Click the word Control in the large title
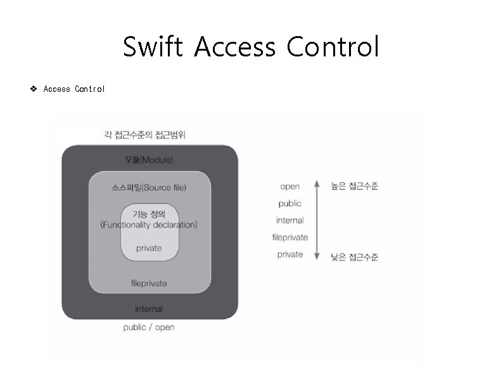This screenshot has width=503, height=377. click(333, 47)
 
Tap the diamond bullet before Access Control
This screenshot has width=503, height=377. click(34, 89)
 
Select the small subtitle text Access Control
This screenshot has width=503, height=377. click(74, 89)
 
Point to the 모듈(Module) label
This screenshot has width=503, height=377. click(149, 159)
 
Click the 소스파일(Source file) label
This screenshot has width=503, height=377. click(149, 188)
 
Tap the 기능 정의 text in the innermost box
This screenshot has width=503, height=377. click(149, 213)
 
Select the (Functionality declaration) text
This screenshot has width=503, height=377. click(149, 224)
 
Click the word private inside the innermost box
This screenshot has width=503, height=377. click(149, 248)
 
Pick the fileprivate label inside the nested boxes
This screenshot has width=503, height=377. click(149, 283)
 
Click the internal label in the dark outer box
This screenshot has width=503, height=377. click(149, 309)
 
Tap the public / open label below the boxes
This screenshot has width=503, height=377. click(149, 327)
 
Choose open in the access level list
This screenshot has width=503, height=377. click(290, 186)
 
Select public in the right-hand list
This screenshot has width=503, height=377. click(290, 203)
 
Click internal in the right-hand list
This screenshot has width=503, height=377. click(290, 220)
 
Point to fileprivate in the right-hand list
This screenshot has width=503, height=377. click(290, 238)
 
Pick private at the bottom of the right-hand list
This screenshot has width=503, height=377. click(290, 255)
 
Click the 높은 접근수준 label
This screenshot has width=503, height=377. click(355, 186)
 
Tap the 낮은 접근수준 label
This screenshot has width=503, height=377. click(355, 257)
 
